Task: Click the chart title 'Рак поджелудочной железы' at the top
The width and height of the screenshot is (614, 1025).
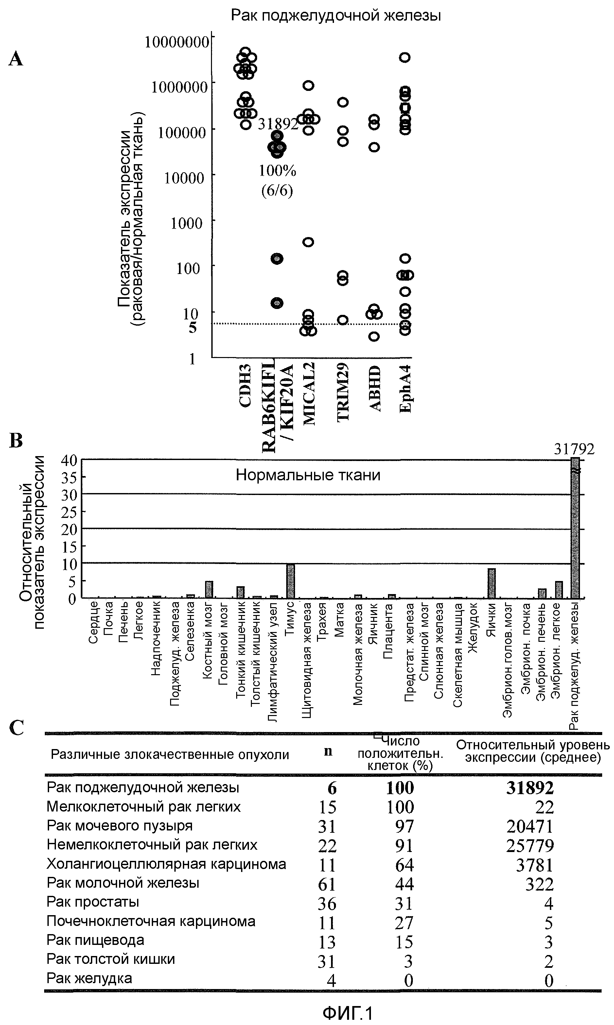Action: click(x=336, y=15)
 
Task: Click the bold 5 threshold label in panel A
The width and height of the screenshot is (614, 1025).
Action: click(x=193, y=328)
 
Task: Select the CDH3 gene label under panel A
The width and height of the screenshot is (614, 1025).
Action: click(x=245, y=385)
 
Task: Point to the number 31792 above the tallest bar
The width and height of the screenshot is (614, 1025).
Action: click(x=574, y=449)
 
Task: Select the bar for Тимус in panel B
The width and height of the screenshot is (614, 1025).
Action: click(x=291, y=581)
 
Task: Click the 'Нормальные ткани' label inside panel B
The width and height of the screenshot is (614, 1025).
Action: click(x=308, y=475)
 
